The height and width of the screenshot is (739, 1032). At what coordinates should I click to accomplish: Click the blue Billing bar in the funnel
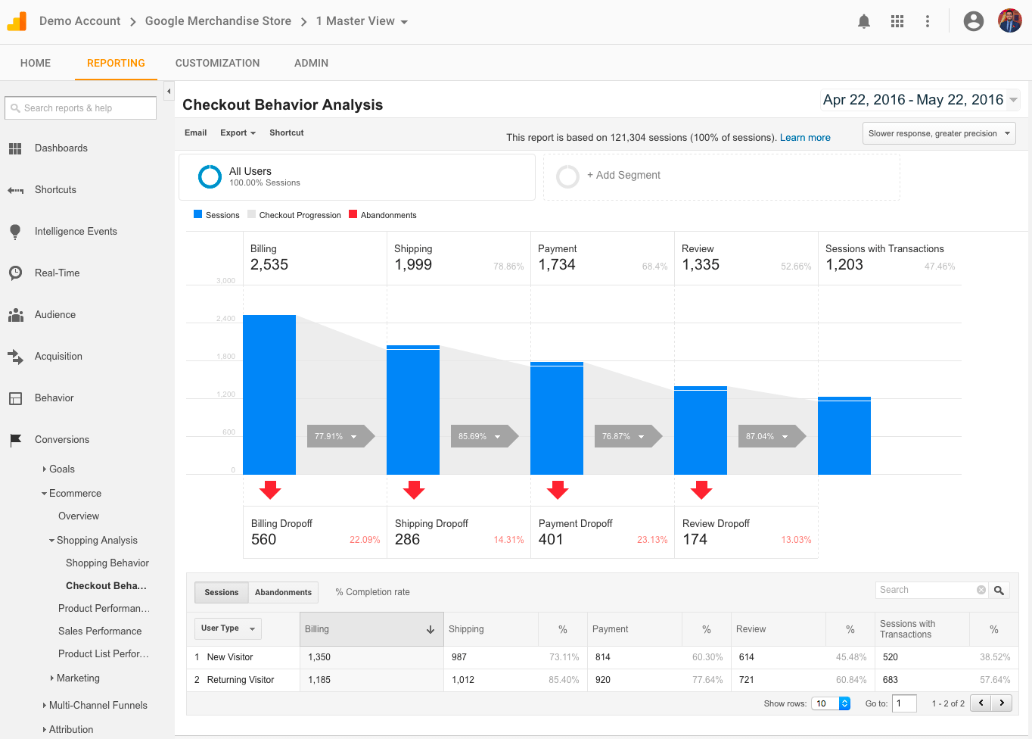[269, 394]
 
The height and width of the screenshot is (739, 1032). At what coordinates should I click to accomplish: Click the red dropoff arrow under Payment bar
[558, 490]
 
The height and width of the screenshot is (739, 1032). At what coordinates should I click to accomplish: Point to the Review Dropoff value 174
[695, 539]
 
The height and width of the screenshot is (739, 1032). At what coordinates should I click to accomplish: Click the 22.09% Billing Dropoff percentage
[364, 540]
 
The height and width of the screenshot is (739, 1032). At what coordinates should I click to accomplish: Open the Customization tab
[217, 63]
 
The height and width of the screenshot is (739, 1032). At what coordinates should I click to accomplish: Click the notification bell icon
[863, 21]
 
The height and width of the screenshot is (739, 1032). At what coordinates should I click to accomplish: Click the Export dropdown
[238, 133]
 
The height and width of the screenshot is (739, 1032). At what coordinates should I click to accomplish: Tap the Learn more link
[804, 137]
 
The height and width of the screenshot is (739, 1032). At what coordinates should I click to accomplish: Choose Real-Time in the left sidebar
[57, 273]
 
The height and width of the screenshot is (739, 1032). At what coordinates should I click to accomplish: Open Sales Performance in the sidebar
[100, 631]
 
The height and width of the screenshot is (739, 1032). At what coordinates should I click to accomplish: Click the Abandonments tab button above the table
[283, 592]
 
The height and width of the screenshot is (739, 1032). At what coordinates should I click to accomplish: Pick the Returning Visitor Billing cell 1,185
[319, 680]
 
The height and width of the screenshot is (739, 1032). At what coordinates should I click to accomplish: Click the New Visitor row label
[230, 657]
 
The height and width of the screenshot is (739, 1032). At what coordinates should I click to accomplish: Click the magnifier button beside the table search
[999, 590]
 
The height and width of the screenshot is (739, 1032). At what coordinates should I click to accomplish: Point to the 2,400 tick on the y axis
[225, 319]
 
